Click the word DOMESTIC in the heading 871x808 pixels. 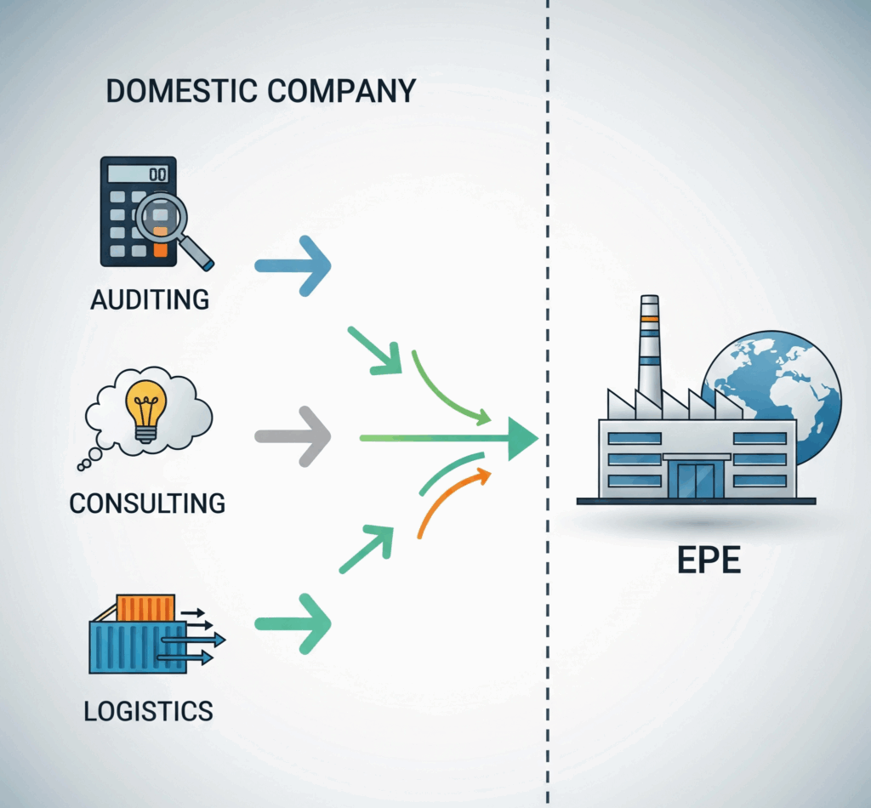182,91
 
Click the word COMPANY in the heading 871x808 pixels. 342,91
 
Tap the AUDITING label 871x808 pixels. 150,300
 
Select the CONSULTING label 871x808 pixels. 147,504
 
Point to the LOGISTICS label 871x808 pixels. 148,711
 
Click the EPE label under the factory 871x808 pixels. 709,560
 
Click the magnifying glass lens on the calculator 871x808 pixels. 161,217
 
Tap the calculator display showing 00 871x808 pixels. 139,174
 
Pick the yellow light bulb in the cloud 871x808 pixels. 146,411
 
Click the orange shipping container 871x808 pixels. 146,608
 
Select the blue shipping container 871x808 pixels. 138,647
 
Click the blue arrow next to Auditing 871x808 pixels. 293,266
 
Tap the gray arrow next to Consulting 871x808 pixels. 293,436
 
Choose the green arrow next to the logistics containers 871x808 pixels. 293,624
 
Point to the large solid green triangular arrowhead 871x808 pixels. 522,439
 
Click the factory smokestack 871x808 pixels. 649,350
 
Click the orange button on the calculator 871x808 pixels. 161,250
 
